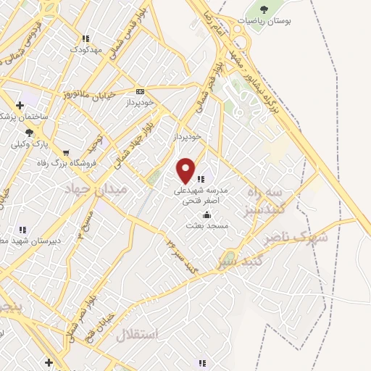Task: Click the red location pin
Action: (x=186, y=170)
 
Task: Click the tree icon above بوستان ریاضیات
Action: (x=262, y=9)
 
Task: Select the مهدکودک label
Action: (x=85, y=49)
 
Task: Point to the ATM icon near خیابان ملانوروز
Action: (x=140, y=91)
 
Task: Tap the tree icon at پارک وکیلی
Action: (x=29, y=132)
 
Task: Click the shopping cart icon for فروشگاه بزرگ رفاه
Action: (x=67, y=153)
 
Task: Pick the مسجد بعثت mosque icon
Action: (x=207, y=214)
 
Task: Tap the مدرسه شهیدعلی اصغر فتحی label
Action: (x=201, y=196)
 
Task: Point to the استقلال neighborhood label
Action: (x=152, y=336)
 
